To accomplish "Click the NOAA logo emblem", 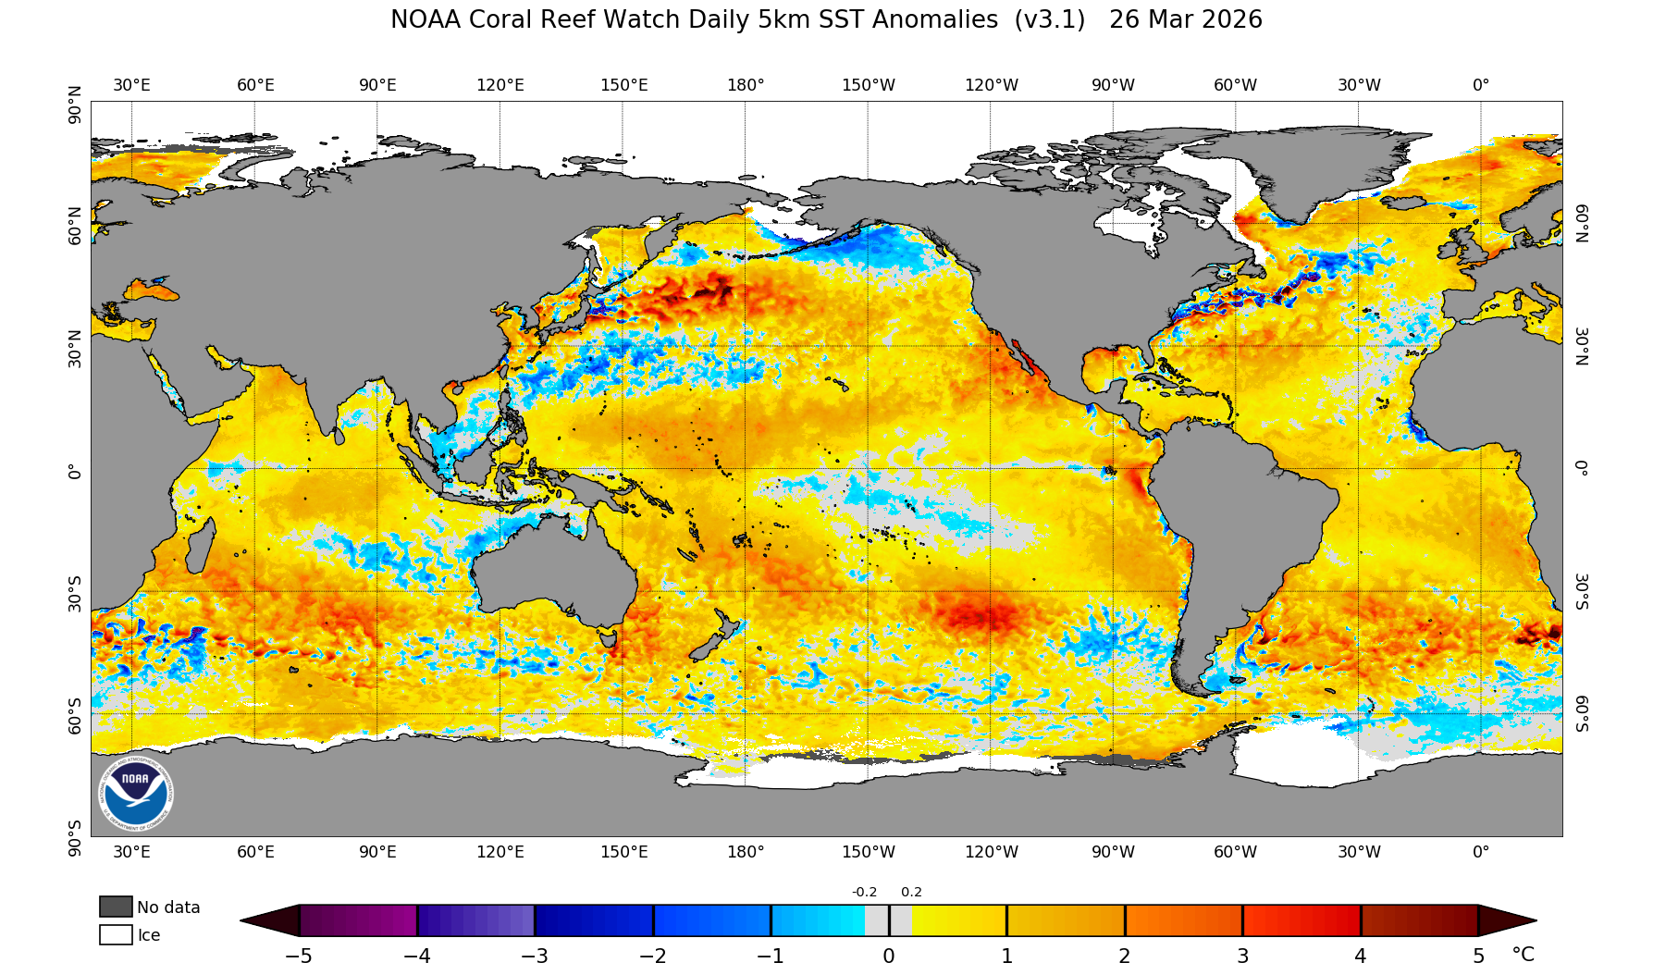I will (135, 793).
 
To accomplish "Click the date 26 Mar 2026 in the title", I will (1185, 19).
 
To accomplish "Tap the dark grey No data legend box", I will (116, 907).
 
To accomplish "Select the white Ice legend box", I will (116, 934).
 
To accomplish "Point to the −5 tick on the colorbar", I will (299, 956).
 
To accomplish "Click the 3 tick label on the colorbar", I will (1242, 956).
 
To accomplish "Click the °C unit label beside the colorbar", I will (1523, 955).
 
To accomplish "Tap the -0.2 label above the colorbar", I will (864, 892).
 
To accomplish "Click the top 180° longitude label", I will (746, 85).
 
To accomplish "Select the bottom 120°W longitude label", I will (991, 852).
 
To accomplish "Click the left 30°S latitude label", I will (75, 593).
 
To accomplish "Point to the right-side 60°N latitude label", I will (1582, 223).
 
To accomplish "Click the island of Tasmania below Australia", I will (609, 637).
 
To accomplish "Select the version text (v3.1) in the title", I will (1049, 19).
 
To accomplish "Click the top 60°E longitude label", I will (255, 85).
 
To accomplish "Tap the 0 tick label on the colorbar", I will (888, 956).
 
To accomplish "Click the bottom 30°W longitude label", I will (1358, 852).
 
